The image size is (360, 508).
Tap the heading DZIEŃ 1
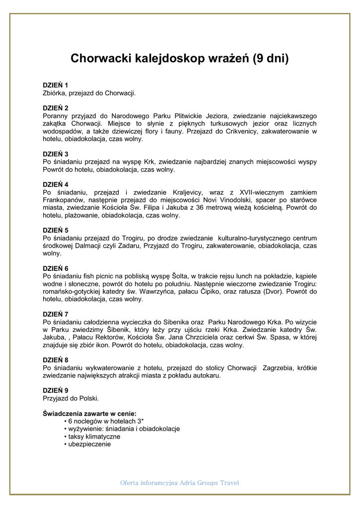(x=56, y=85)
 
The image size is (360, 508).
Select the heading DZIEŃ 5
(x=56, y=230)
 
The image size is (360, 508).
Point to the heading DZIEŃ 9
(x=56, y=390)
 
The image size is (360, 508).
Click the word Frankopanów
(x=64, y=200)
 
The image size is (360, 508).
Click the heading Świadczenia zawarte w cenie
(x=90, y=413)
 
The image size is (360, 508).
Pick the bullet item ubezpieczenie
(x=89, y=444)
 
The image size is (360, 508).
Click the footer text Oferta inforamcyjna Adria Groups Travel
(x=180, y=483)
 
